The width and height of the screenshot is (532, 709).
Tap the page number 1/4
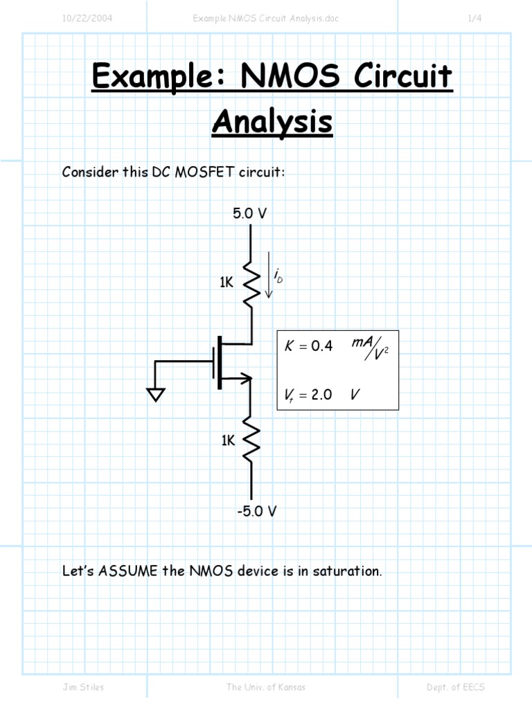(475, 19)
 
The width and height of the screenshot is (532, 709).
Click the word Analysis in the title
(272, 123)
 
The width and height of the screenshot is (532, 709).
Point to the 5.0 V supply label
(249, 214)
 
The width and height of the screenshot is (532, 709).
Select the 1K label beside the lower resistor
(229, 440)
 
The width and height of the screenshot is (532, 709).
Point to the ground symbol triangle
(156, 394)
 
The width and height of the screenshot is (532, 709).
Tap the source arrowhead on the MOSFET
(245, 377)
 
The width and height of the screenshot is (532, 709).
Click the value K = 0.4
(309, 346)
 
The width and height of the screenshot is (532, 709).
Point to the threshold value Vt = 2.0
(308, 395)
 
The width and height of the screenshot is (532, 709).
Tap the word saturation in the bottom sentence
(347, 571)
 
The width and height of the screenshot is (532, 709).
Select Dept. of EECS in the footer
(456, 687)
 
